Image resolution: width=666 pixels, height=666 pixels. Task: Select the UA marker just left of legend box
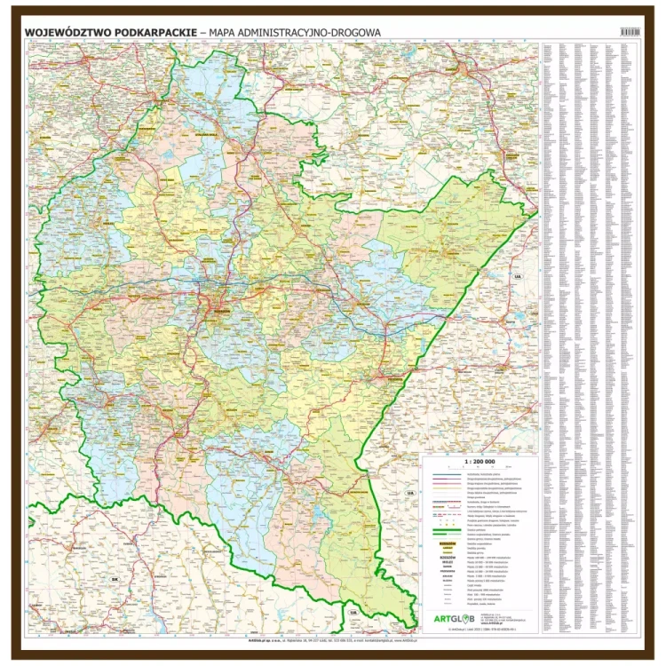coord(409,492)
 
